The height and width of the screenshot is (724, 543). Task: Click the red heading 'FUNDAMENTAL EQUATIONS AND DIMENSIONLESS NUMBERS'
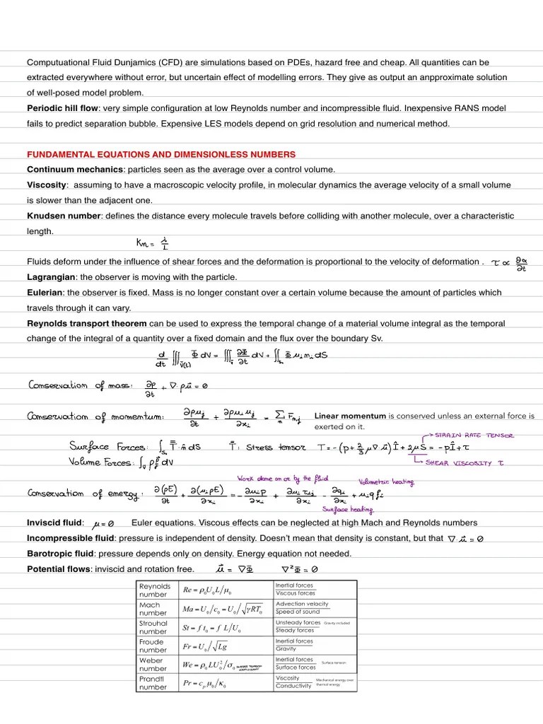tap(161, 154)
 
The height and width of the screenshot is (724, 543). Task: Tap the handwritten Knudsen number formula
tap(153, 244)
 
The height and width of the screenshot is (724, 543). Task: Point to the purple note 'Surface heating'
tap(347, 509)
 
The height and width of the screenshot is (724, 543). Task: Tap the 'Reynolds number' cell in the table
tap(155, 590)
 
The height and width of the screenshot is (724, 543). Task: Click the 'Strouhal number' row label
tap(154, 627)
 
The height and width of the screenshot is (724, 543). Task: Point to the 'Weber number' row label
tap(154, 664)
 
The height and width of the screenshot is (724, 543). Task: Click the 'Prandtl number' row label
tap(154, 682)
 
